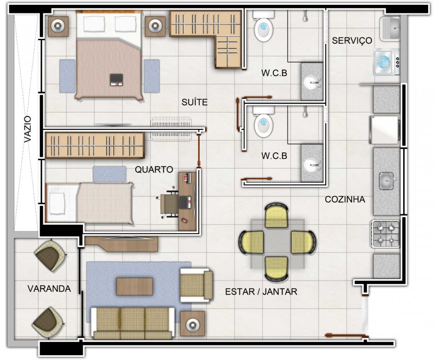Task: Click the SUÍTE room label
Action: [194, 103]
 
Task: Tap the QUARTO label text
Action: [154, 169]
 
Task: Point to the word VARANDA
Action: [49, 288]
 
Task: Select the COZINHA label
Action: [345, 199]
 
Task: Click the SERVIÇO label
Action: [352, 40]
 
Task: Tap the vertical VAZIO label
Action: [27, 129]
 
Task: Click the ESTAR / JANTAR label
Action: [261, 291]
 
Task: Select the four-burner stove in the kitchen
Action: [385, 234]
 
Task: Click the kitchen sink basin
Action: [386, 181]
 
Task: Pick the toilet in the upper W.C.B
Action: [263, 27]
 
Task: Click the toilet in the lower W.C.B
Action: [263, 122]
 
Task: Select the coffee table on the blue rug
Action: [135, 286]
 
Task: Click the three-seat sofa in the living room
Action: [133, 323]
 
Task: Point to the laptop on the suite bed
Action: [116, 79]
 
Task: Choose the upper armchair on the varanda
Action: [50, 255]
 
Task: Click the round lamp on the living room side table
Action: [192, 324]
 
